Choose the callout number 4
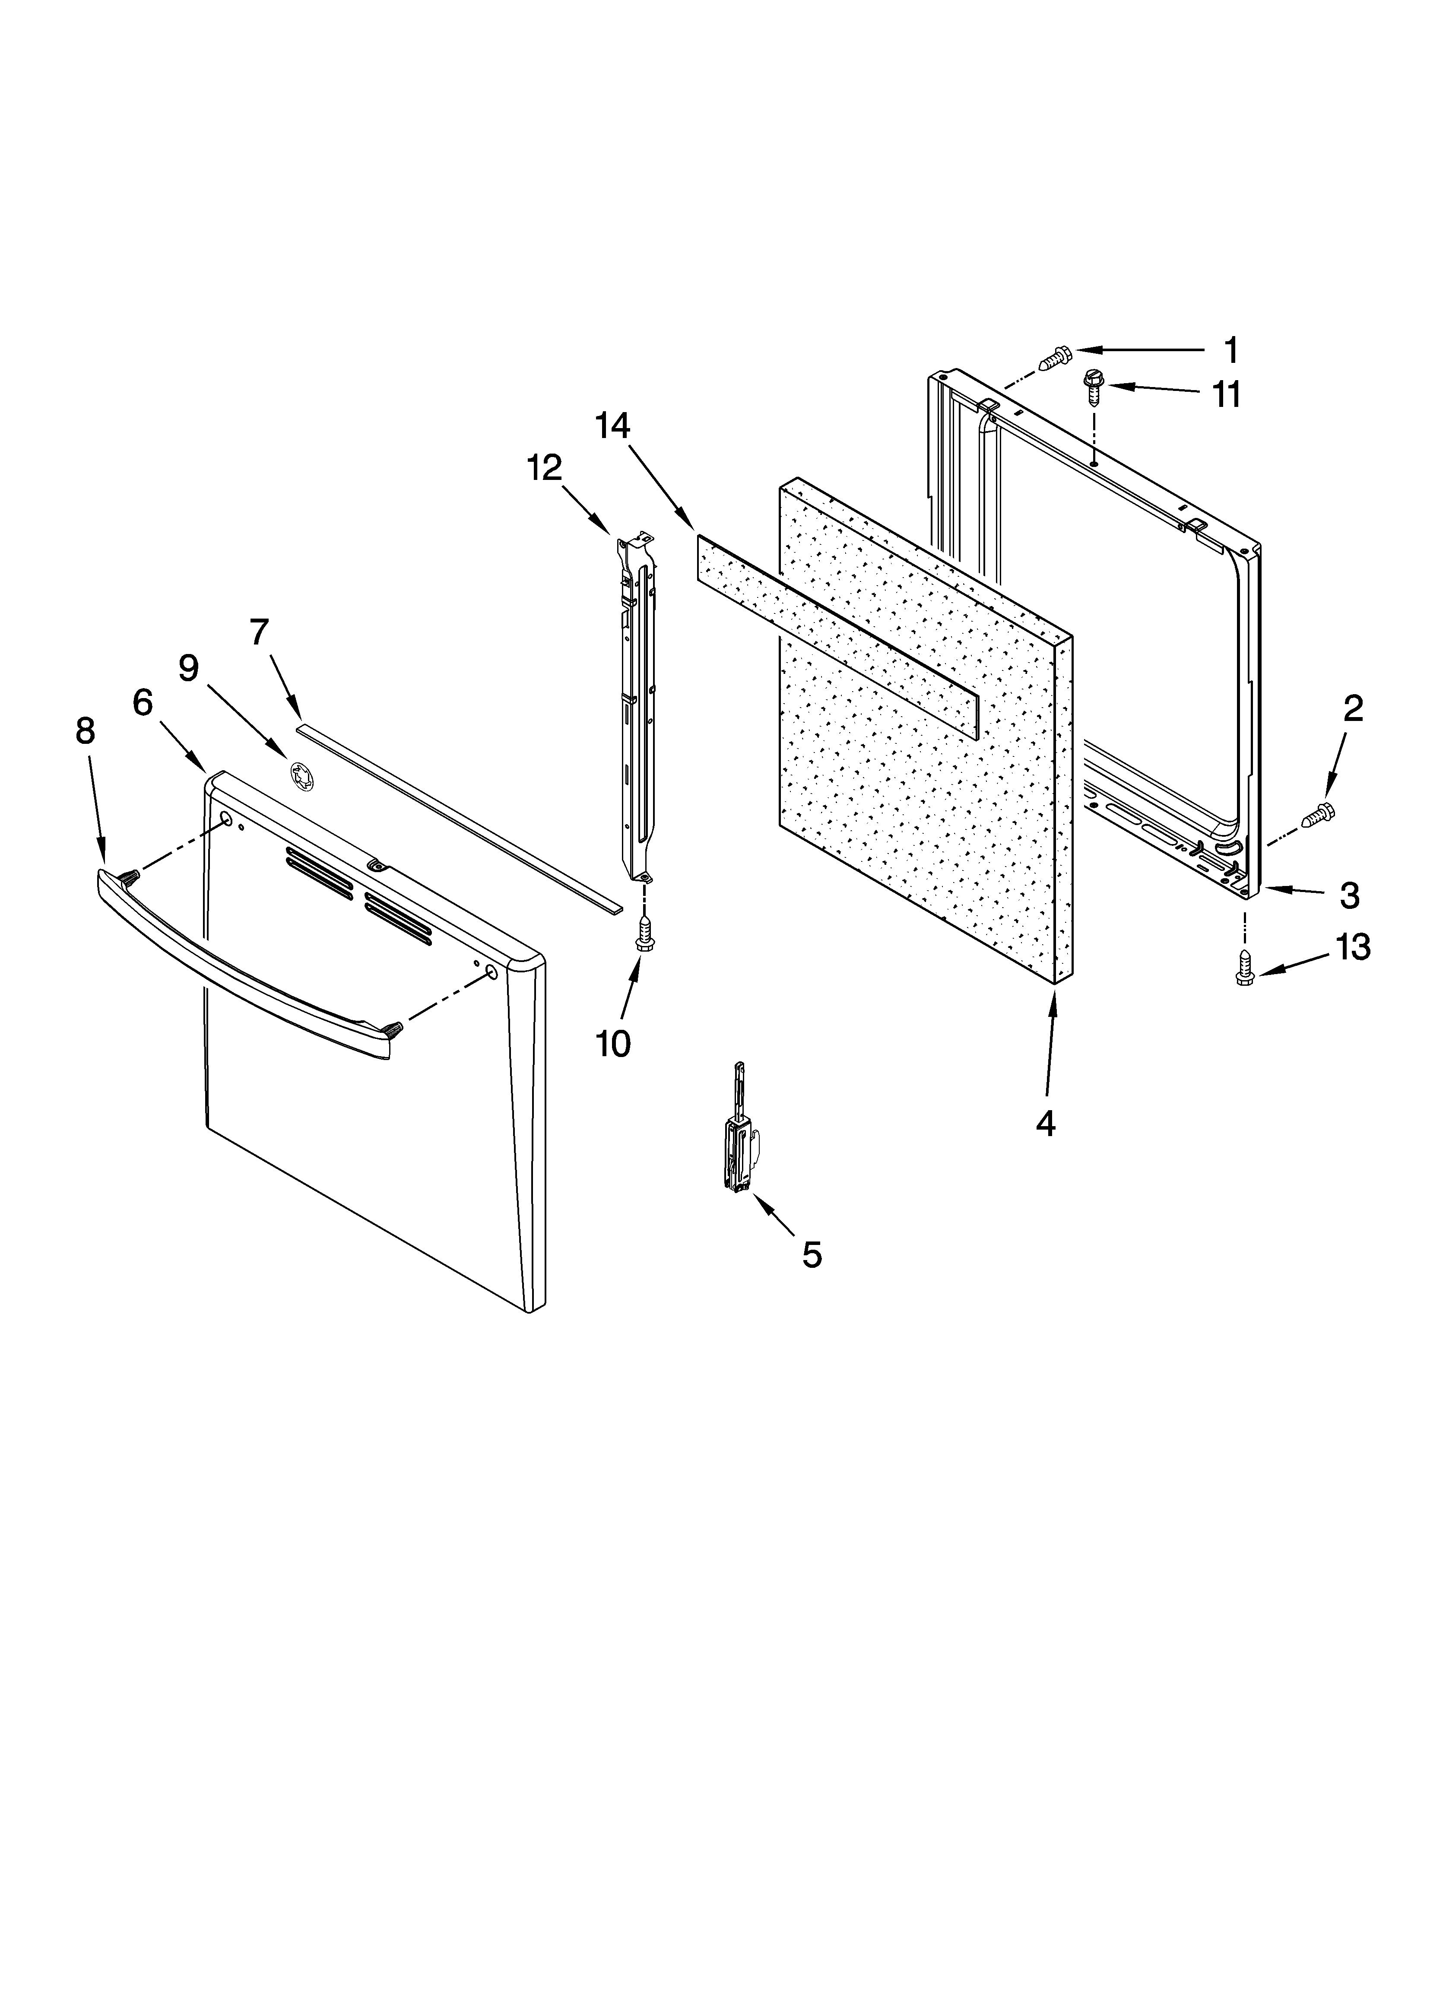[1045, 1123]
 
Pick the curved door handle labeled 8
[238, 968]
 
